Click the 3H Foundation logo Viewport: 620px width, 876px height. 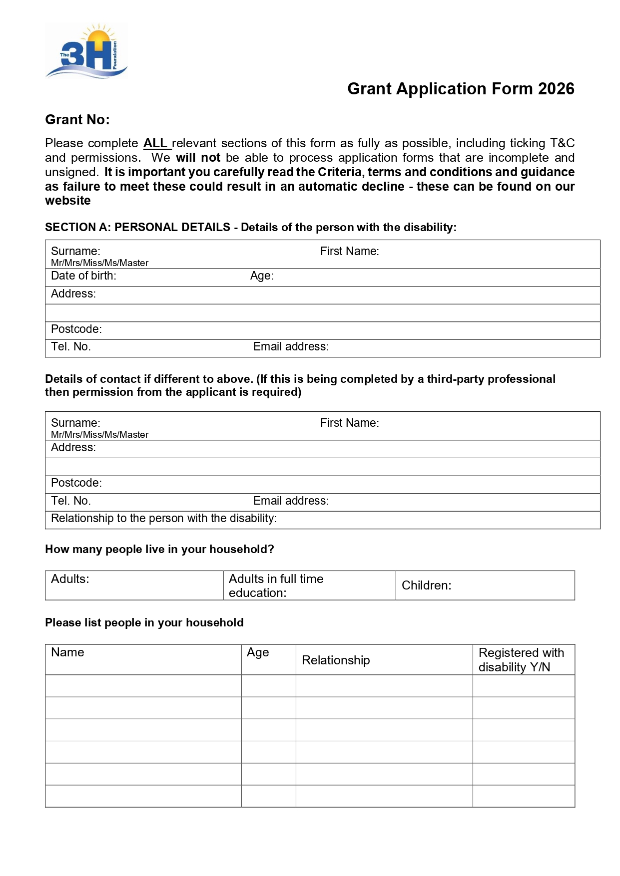pos(87,51)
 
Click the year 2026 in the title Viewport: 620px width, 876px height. pos(556,89)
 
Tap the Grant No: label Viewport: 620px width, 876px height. pos(77,120)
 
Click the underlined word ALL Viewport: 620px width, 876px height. pos(155,143)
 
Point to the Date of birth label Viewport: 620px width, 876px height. pos(83,276)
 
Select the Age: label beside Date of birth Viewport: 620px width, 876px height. pos(262,276)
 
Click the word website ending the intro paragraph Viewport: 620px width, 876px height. pos(68,201)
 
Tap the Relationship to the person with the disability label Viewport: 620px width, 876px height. pos(164,519)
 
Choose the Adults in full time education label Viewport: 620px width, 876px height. pos(276,585)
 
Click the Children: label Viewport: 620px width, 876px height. pos(426,585)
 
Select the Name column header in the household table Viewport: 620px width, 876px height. pos(67,653)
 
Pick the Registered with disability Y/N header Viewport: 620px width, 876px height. pos(521,660)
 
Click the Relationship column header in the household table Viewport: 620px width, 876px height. pos(336,660)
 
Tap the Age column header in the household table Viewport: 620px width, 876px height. pos(258,653)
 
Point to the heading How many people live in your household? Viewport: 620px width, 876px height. pos(159,550)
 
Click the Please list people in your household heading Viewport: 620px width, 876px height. pos(144,623)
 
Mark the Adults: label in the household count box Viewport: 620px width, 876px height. pos(70,579)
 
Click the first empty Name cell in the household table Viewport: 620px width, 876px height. pos(143,686)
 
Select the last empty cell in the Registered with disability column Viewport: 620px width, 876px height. pos(524,796)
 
